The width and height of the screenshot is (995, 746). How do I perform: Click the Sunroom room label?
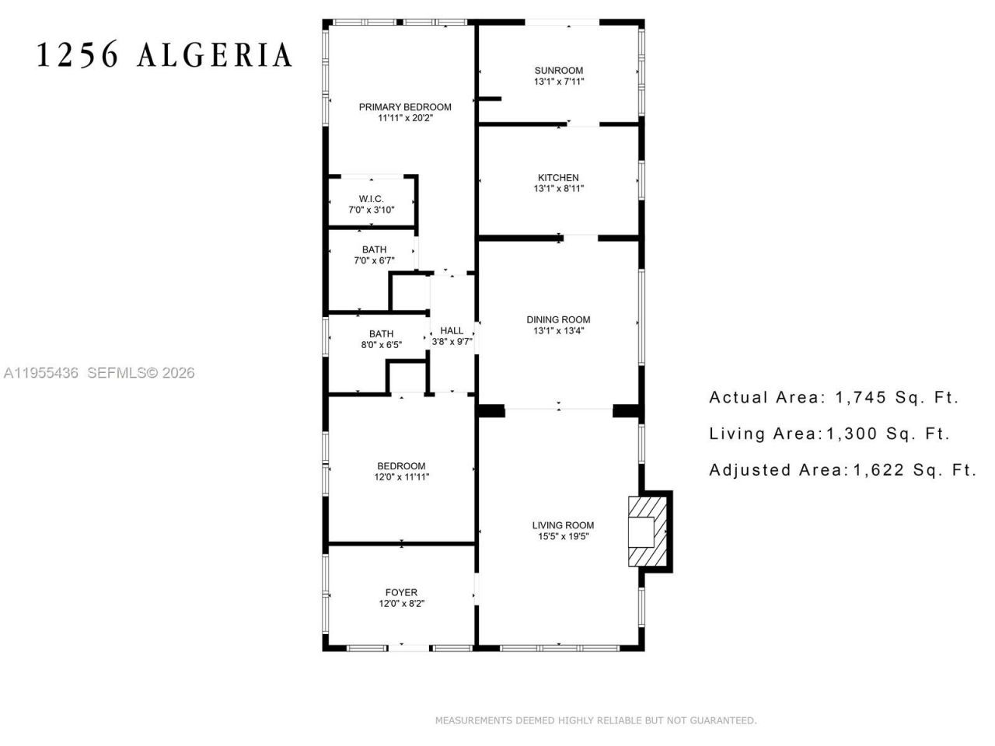[558, 70]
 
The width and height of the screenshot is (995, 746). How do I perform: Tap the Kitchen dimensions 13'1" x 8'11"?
[558, 188]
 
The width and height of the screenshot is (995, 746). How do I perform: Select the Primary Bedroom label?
[404, 106]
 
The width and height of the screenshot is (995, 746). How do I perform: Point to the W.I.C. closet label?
[371, 199]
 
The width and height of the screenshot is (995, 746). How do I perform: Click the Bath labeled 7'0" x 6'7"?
[374, 249]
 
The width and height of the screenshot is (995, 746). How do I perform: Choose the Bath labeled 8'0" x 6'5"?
[381, 333]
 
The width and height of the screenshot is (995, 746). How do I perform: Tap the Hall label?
[452, 330]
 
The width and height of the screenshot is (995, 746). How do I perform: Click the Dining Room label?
[558, 319]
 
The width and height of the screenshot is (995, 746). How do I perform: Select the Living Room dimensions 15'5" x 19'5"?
[563, 536]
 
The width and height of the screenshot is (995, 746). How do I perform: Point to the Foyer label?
[401, 592]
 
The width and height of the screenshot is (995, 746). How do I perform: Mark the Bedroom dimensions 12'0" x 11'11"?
[401, 477]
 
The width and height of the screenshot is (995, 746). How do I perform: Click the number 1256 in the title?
[79, 55]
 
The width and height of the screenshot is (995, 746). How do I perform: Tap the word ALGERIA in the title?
[215, 55]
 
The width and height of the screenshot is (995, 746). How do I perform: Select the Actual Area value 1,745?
[861, 397]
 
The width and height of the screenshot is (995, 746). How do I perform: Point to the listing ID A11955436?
[41, 373]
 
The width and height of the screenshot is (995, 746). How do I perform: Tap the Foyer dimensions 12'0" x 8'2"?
[401, 603]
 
